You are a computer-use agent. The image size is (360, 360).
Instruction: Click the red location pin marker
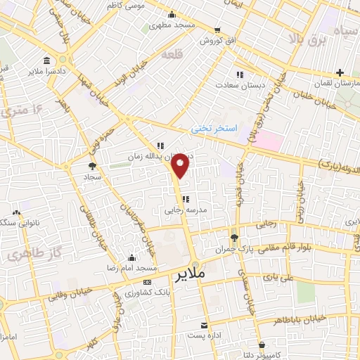181,165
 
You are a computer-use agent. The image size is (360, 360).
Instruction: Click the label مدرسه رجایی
163,209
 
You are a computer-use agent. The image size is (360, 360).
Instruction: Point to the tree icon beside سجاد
91,166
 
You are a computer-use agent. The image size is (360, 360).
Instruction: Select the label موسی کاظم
146,5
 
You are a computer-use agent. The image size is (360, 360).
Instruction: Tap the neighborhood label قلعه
171,54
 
